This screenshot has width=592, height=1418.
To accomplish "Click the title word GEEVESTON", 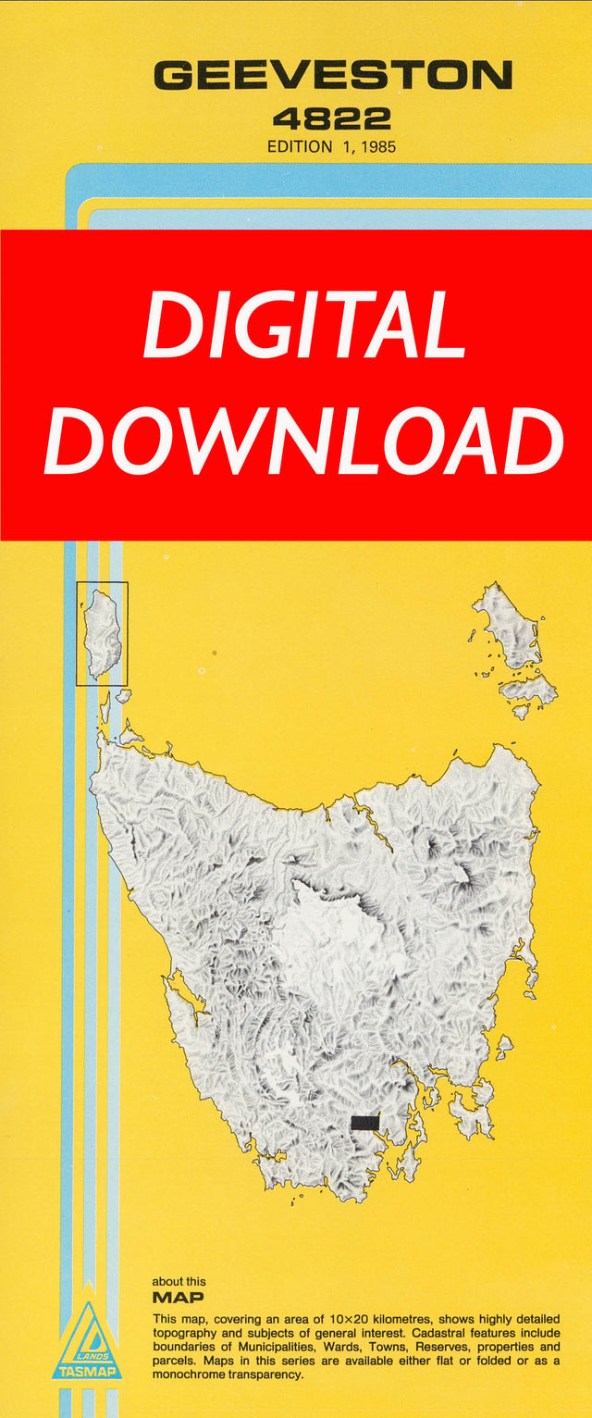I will coord(332,76).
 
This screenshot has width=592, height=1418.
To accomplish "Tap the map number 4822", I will coord(331,118).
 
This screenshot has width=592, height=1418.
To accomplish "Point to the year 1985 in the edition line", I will coord(376,146).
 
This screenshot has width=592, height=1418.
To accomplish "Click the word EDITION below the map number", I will coord(299,146).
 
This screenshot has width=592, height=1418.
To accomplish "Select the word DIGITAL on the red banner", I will coord(304,327).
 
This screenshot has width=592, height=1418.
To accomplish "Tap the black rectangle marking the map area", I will coord(365,1123).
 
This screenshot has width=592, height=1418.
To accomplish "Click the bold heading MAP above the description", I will coord(179,1298).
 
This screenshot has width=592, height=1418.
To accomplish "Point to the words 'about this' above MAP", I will coord(179,1282).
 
